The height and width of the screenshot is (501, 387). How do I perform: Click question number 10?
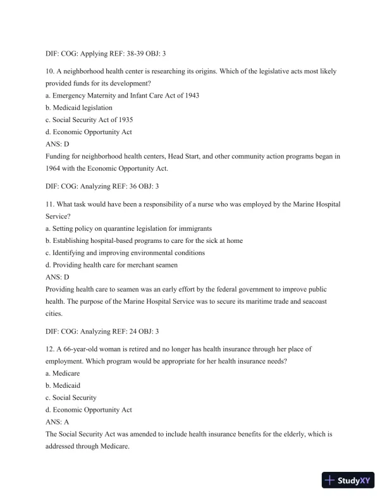[x=51, y=71]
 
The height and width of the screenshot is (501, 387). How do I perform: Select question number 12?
[x=51, y=349]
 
